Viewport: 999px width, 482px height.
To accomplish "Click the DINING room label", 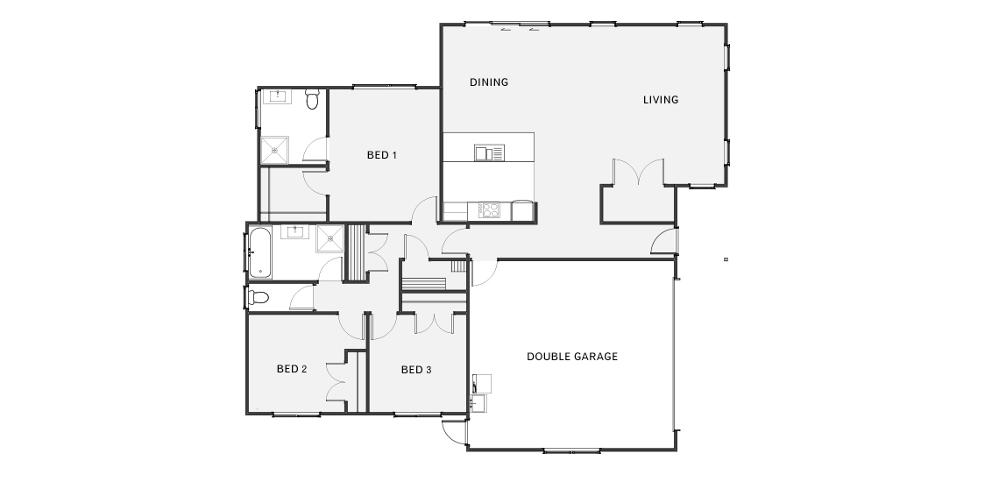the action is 489,82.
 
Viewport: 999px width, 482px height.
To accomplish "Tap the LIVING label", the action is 661,99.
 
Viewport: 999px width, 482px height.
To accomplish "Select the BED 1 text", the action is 382,155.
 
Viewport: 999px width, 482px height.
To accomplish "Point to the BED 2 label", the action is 293,369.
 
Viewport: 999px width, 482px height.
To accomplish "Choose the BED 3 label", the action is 416,369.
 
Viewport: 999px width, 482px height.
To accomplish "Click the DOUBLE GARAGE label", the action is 572,357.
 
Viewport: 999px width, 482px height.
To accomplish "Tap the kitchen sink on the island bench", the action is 489,152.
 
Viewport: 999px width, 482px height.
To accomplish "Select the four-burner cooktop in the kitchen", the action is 490,210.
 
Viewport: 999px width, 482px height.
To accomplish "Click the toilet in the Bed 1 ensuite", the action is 312,100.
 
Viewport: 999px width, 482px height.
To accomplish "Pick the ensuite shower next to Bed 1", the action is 274,151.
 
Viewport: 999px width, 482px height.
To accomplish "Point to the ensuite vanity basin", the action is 277,97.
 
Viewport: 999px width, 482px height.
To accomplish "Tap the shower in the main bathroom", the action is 330,238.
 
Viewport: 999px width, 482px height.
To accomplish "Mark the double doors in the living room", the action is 638,172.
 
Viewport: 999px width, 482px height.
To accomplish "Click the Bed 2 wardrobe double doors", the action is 336,382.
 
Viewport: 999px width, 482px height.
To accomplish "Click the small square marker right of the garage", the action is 726,259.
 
